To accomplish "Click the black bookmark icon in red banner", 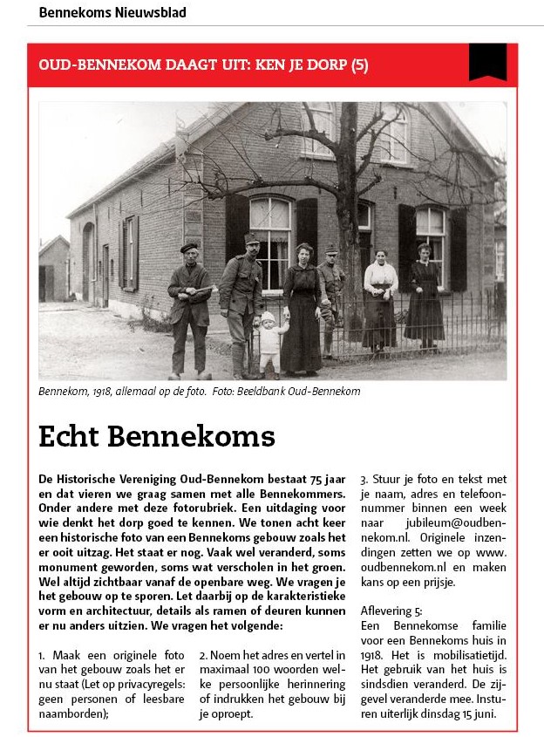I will pos(487,62).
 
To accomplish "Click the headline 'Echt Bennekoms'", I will pos(156,435).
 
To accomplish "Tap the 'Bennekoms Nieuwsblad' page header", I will pos(112,13).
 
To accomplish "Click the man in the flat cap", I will pos(189,305).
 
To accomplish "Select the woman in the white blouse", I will pos(379,297).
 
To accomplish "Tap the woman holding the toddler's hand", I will pos(301,310).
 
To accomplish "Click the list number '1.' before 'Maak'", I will pos(43,654).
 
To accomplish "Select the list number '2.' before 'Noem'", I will pos(204,654).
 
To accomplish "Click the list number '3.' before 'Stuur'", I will pos(364,479).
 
